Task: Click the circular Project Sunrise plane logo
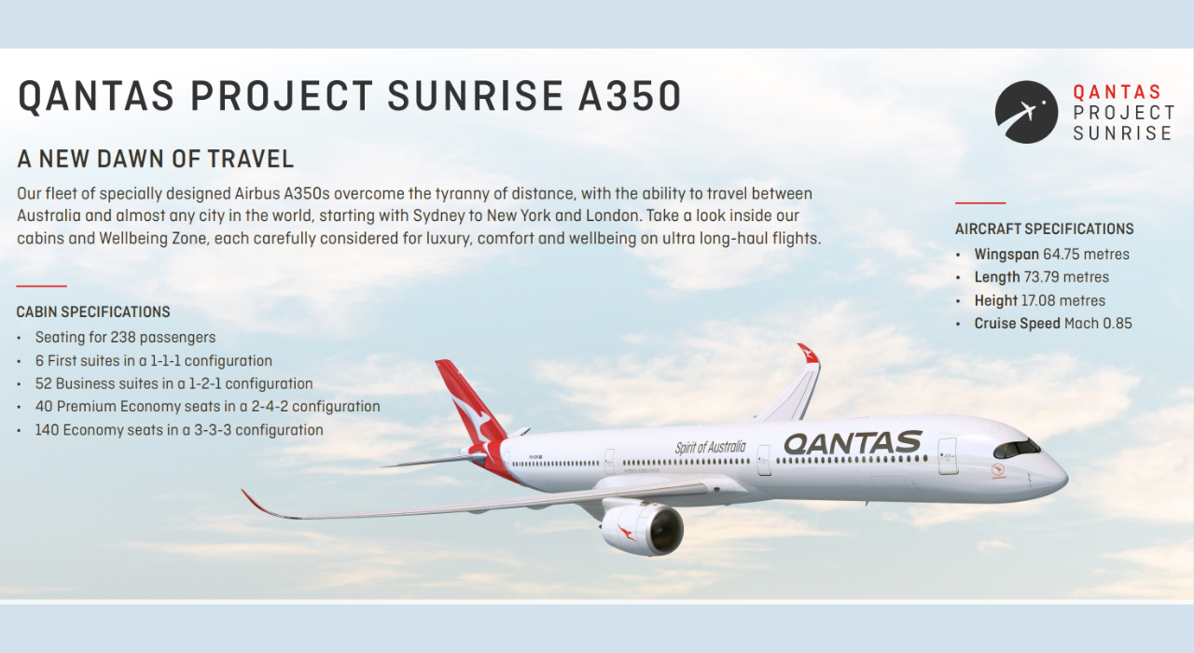pyautogui.click(x=1026, y=112)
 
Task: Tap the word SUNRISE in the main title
pyautogui.click(x=472, y=97)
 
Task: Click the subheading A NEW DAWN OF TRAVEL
pyautogui.click(x=156, y=160)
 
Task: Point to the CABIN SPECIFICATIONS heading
pyautogui.click(x=93, y=313)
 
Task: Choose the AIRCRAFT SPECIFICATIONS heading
pyautogui.click(x=1044, y=229)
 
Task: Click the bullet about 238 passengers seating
pyautogui.click(x=125, y=338)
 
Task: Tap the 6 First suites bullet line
pyautogui.click(x=154, y=361)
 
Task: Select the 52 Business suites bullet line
pyautogui.click(x=174, y=383)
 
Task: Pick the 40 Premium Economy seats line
pyautogui.click(x=207, y=407)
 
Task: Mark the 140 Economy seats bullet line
pyautogui.click(x=179, y=430)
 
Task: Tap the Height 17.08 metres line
pyautogui.click(x=1040, y=300)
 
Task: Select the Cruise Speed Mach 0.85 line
pyautogui.click(x=1053, y=324)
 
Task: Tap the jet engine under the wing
pyautogui.click(x=643, y=529)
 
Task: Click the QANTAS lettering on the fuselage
pyautogui.click(x=853, y=442)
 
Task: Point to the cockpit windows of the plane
pyautogui.click(x=1016, y=448)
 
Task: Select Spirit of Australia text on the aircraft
pyautogui.click(x=711, y=448)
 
